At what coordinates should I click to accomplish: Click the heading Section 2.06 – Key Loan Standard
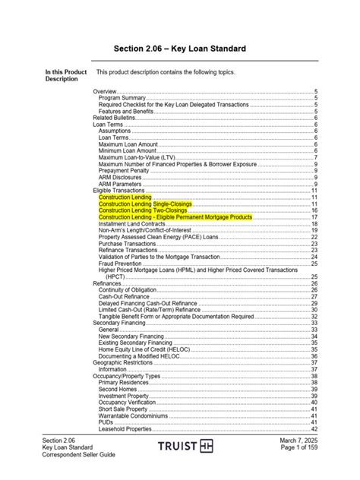(179, 49)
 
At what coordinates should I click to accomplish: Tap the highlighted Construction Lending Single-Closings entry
(145, 204)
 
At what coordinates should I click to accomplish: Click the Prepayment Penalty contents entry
(125, 170)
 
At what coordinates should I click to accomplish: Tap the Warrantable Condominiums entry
(134, 415)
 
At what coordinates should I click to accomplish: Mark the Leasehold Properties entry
(125, 429)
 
